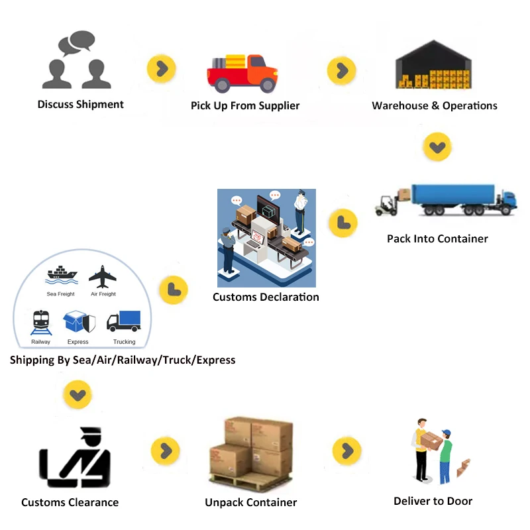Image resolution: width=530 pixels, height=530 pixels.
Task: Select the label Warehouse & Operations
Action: point(434,105)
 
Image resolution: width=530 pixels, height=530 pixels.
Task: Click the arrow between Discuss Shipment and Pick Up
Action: point(162,68)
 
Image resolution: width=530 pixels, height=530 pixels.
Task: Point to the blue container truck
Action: point(463,199)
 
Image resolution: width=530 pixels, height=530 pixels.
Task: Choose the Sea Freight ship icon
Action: point(61,275)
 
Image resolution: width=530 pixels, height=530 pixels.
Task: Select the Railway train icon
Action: point(40,323)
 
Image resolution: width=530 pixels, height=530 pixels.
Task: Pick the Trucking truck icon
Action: point(124,321)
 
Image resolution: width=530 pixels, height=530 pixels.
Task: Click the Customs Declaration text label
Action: point(266,297)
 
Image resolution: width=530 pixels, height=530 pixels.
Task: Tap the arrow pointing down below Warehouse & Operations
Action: point(437,146)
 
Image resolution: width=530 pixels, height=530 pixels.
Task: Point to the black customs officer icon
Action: point(75,458)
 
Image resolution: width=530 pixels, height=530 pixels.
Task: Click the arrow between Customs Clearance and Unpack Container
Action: point(165,451)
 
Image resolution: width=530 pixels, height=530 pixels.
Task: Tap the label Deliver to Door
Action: point(433,501)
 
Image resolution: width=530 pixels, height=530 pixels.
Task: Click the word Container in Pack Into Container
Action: point(463,238)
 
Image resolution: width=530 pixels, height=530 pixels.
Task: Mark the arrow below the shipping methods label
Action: point(78,396)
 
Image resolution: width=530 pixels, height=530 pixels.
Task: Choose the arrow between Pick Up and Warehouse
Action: point(342,70)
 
